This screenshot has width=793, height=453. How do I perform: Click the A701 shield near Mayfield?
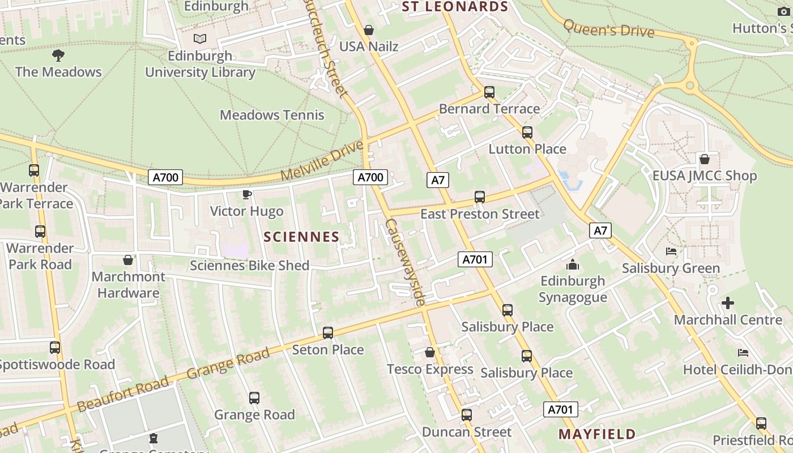[561, 409]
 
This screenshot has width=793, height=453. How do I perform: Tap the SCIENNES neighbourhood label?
[302, 237]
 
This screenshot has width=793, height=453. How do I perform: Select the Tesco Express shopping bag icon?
[430, 352]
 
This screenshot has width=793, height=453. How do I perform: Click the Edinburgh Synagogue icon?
[573, 264]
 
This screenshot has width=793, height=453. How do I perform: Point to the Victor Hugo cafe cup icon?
[246, 194]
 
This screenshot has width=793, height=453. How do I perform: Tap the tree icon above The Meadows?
[58, 55]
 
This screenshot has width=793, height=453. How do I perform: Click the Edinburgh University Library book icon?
[199, 39]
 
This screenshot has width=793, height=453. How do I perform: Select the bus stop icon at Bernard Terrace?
[489, 92]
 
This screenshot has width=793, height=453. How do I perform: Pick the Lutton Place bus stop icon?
[527, 133]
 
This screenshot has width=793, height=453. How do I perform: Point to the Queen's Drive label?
[609, 28]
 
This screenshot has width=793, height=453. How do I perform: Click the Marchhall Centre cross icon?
[728, 303]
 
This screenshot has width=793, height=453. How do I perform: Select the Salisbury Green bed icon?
[671, 251]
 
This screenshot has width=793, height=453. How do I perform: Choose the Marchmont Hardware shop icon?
[128, 260]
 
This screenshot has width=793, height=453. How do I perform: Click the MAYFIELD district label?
[597, 434]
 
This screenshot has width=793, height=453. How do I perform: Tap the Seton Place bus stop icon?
[327, 333]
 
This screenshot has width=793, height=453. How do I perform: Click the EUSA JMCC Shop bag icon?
[705, 159]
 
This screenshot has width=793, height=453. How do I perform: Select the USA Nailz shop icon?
[369, 29]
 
